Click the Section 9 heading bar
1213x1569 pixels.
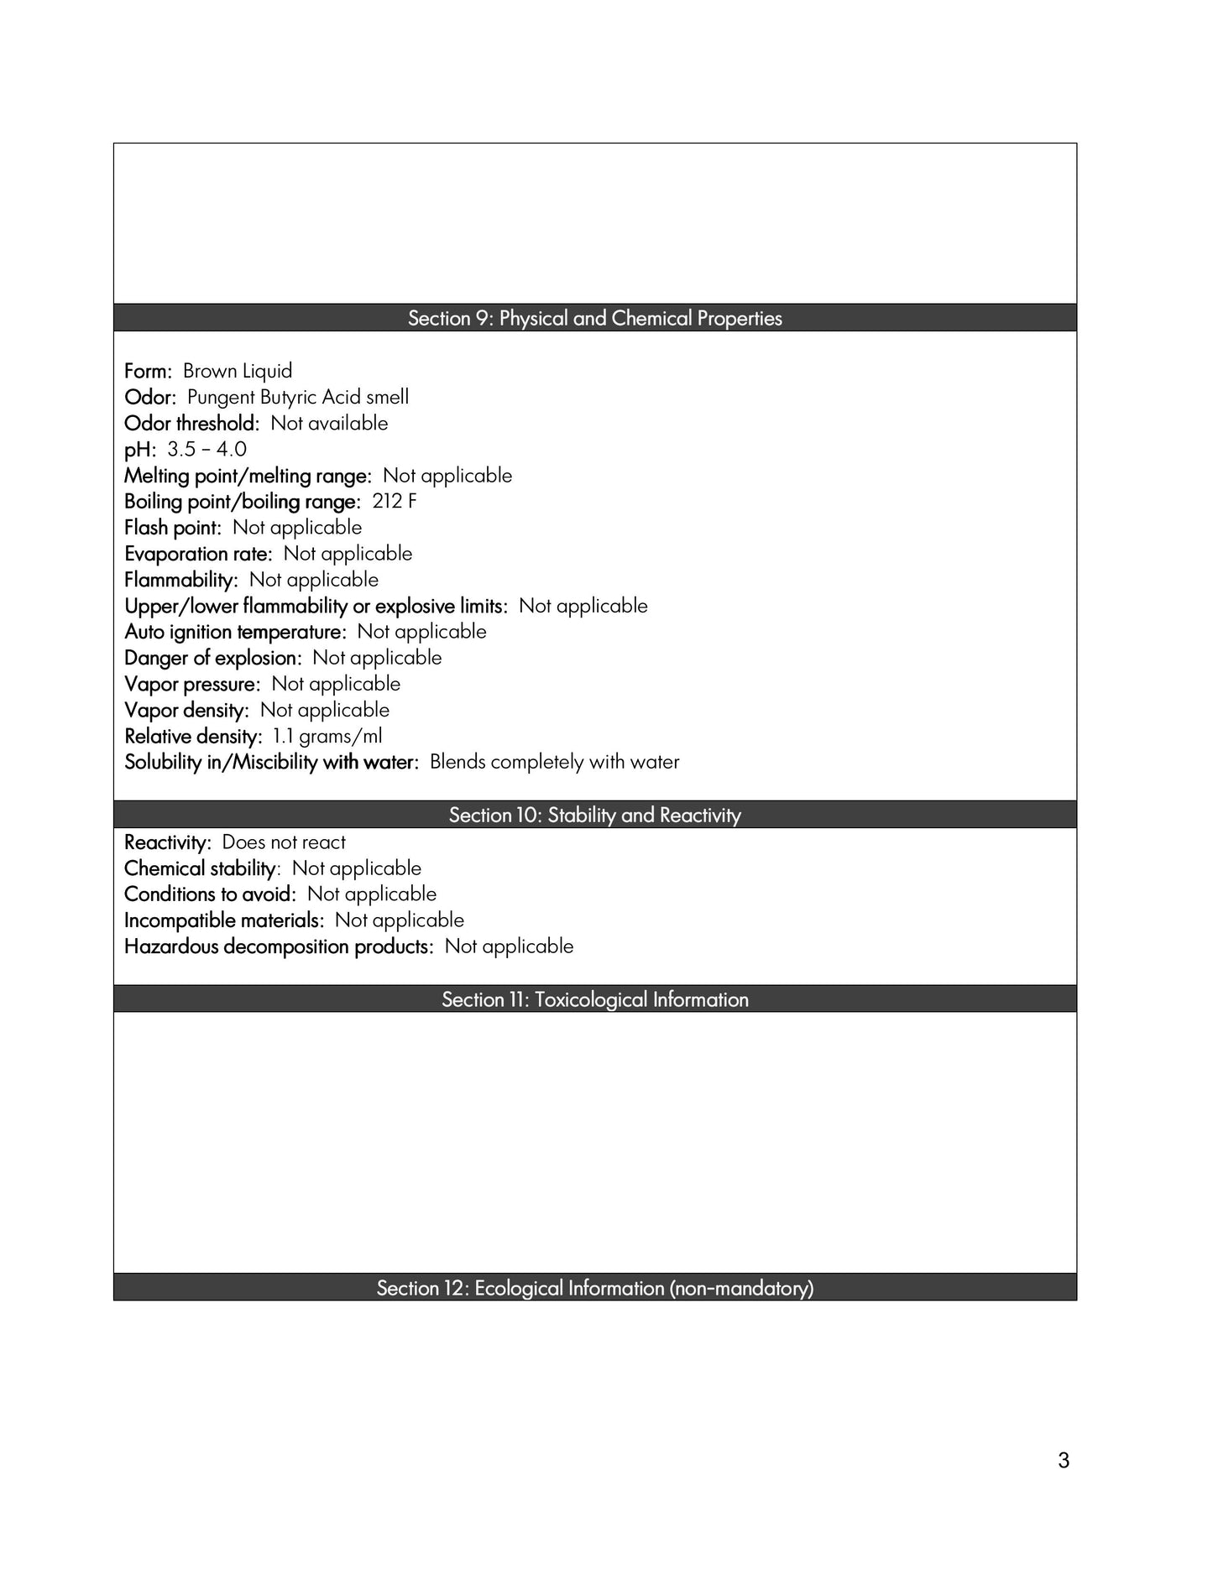[594, 318]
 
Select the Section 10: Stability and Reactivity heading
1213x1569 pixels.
[594, 815]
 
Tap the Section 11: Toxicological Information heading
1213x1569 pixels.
[594, 999]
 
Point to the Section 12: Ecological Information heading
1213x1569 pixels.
[594, 1288]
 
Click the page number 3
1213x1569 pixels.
[1064, 1461]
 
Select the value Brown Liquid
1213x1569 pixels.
[238, 371]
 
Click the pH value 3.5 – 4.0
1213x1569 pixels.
[207, 449]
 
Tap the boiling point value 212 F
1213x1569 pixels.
[395, 501]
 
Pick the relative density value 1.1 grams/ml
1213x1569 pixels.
[327, 736]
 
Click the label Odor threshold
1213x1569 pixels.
[191, 423]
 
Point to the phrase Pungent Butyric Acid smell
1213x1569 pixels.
[298, 397]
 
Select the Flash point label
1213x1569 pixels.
[172, 528]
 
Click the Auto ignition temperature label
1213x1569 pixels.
[235, 632]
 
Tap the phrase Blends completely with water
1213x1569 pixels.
[554, 762]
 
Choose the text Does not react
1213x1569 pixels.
[284, 842]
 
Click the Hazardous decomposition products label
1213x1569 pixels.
[279, 946]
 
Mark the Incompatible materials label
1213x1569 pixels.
[223, 920]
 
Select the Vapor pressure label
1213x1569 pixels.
[192, 684]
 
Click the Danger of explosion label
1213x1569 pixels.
[212, 658]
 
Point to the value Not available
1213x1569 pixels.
[329, 423]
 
